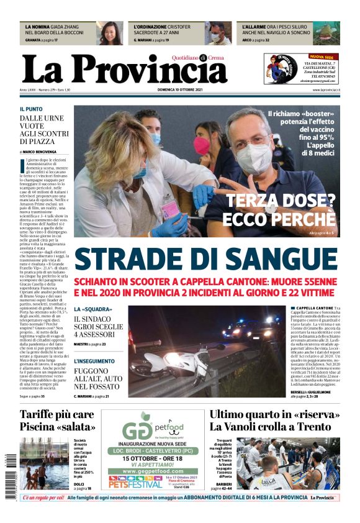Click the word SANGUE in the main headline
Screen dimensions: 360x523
[285, 259]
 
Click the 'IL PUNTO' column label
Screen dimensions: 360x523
[31, 109]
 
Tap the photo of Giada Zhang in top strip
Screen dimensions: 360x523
[109, 33]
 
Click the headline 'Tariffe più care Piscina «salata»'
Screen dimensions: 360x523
[57, 421]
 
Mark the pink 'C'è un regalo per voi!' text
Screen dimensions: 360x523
[43, 498]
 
